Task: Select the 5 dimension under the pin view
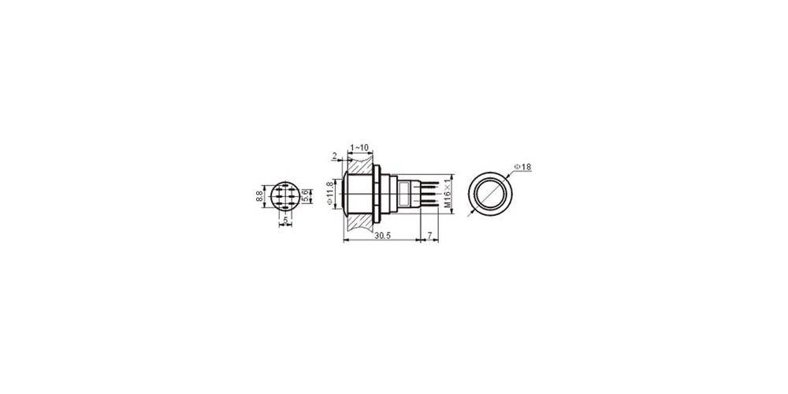pyautogui.click(x=285, y=221)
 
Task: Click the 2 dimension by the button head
pyautogui.click(x=334, y=157)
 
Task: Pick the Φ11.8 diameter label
pyautogui.click(x=329, y=194)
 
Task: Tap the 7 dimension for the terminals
pyautogui.click(x=429, y=235)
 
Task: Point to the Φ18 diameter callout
pyautogui.click(x=522, y=167)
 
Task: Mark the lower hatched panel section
pyautogui.click(x=359, y=224)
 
